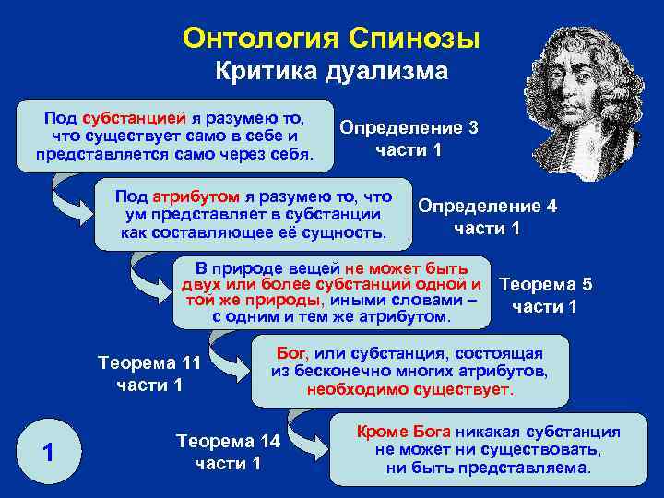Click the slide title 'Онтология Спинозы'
click(x=331, y=38)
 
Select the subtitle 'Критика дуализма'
click(x=331, y=72)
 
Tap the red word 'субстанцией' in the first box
click(x=134, y=119)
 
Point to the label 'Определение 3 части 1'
click(x=409, y=138)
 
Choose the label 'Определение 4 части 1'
click(x=488, y=217)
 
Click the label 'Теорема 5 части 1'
click(x=544, y=295)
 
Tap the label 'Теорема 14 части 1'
click(x=228, y=452)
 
